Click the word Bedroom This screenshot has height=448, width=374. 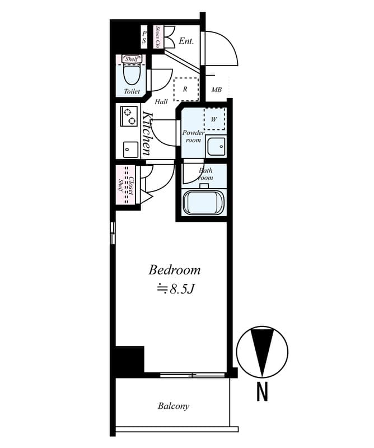(174, 270)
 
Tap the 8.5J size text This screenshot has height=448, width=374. (174, 290)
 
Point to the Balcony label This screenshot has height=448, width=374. (173, 406)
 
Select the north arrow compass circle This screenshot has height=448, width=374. (261, 351)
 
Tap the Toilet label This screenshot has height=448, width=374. (132, 91)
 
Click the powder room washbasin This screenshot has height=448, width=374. (216, 147)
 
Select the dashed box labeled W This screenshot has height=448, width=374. (214, 119)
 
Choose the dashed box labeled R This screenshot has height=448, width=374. (185, 89)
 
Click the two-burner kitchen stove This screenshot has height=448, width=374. (129, 116)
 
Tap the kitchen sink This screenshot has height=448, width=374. (130, 149)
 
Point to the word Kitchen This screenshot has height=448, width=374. (147, 133)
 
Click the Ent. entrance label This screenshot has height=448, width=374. (186, 41)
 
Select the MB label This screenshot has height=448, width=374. (216, 90)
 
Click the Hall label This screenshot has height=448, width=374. (161, 102)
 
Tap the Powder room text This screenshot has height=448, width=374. (193, 137)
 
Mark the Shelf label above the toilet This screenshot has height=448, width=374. (132, 59)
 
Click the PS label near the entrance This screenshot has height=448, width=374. (144, 37)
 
